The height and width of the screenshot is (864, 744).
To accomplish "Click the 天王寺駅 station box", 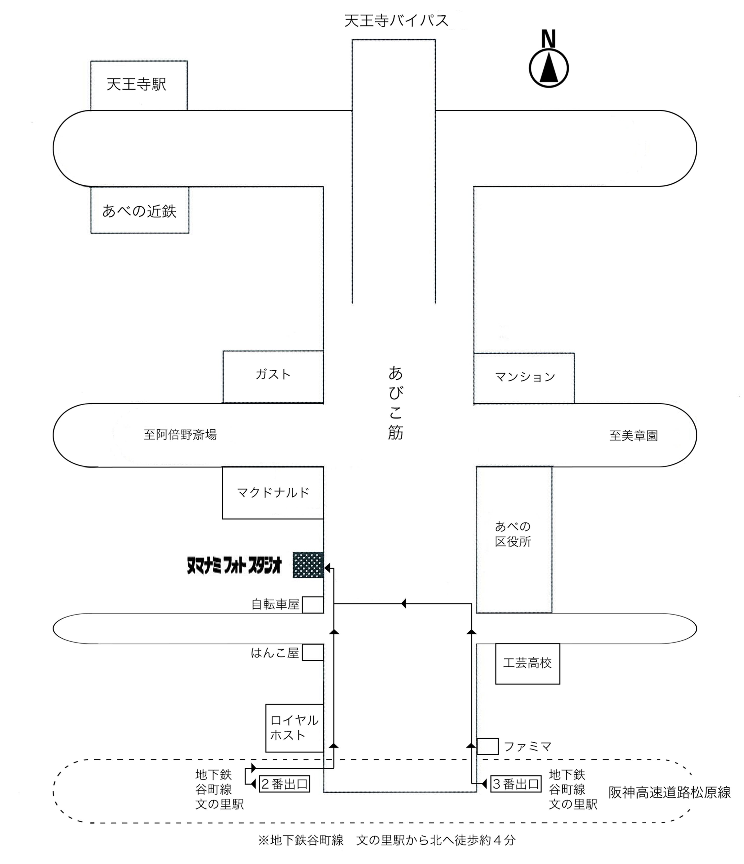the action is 139,86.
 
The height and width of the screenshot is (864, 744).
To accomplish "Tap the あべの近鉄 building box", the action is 140,210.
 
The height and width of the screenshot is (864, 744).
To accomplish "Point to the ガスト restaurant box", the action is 273,377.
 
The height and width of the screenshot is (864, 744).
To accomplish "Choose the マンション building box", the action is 524,378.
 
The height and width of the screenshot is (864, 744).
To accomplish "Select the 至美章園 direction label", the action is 633,436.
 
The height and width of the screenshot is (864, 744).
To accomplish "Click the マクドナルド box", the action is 273,492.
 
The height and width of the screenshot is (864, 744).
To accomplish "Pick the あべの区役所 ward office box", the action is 514,539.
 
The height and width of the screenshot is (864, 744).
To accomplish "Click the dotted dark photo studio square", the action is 308,565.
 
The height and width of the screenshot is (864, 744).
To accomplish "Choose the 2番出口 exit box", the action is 284,784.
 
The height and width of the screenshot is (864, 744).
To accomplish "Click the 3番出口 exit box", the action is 516,784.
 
